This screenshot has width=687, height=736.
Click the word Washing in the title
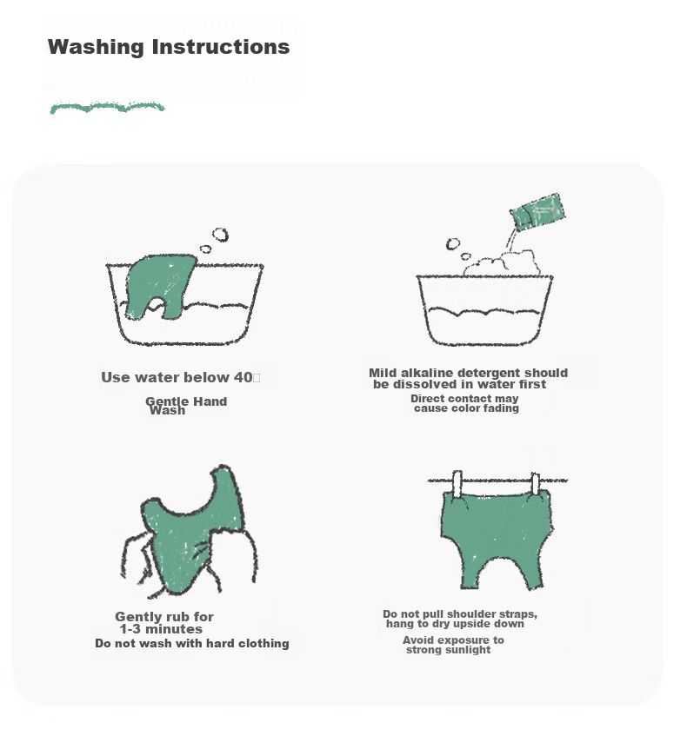pos(96,48)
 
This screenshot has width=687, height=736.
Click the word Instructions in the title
pos(221,47)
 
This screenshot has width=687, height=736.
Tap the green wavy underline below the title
pos(107,108)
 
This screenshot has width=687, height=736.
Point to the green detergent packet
pos(537,212)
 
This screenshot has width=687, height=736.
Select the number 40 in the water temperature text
pos(243,377)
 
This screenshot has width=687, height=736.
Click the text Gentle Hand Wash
pos(186,406)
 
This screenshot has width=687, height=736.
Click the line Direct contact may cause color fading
pos(465,403)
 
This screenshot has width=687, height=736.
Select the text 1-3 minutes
pos(161,629)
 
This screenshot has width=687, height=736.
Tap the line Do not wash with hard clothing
pos(191,643)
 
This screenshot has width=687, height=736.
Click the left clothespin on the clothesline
pos(457,484)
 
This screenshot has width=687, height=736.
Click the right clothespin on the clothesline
pos(535,484)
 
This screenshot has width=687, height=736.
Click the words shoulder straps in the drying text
pos(491,614)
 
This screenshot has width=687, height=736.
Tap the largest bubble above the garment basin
pos(220,235)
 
